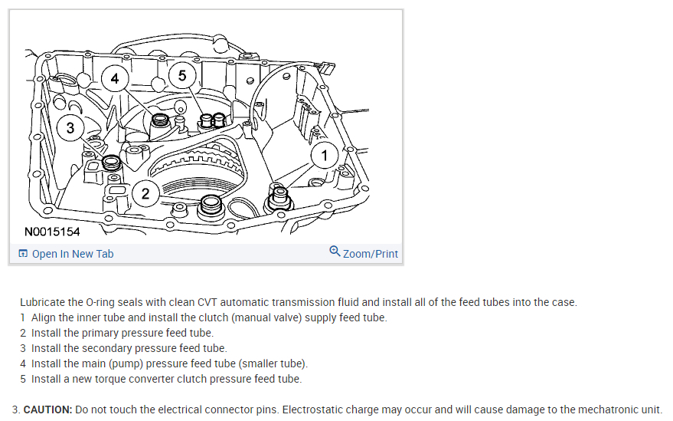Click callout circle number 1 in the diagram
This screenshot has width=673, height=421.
pyautogui.click(x=324, y=156)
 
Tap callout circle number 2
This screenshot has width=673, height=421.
pyautogui.click(x=145, y=192)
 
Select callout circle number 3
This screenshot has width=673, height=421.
pyautogui.click(x=70, y=128)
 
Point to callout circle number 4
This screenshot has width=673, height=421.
pyautogui.click(x=114, y=79)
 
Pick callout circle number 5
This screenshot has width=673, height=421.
pyautogui.click(x=181, y=75)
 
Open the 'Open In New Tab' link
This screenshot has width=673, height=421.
pyautogui.click(x=72, y=254)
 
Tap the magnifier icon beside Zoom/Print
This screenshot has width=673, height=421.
pyautogui.click(x=335, y=252)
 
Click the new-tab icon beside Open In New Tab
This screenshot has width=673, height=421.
pyautogui.click(x=23, y=254)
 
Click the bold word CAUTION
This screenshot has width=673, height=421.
pyautogui.click(x=47, y=409)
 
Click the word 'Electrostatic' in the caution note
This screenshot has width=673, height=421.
pyautogui.click(x=314, y=409)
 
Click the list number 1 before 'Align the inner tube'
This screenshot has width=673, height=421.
pyautogui.click(x=23, y=317)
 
